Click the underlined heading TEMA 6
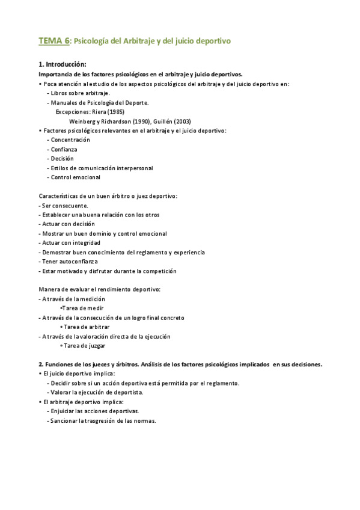54,41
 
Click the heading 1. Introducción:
63,64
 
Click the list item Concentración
75,140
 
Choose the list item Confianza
64,149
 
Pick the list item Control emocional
76,177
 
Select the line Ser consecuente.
63,206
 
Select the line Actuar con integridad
70,243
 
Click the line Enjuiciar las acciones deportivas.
95,411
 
